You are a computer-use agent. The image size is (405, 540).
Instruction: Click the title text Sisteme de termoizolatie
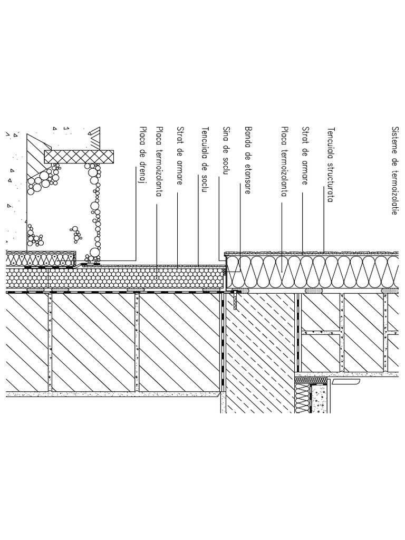pyautogui.click(x=394, y=171)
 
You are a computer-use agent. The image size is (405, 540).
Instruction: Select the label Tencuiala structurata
pyautogui.click(x=331, y=165)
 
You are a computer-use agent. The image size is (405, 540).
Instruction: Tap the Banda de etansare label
pyautogui.click(x=248, y=160)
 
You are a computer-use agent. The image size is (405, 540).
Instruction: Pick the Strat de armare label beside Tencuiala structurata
pyautogui.click(x=305, y=156)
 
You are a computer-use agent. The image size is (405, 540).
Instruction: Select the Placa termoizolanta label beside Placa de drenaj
pyautogui.click(x=159, y=161)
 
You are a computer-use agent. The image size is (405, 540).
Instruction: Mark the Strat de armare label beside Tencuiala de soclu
pyautogui.click(x=180, y=156)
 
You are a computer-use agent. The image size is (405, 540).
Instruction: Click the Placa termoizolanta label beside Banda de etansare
pyautogui.click(x=284, y=161)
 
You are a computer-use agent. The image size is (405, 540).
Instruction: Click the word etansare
pyautogui.click(x=248, y=179)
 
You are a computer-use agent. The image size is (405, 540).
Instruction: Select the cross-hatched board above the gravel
pyautogui.click(x=79, y=157)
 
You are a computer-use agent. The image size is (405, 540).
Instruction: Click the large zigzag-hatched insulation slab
pyautogui.click(x=315, y=272)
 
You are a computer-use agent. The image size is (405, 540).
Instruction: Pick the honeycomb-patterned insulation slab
pyautogui.click(x=115, y=277)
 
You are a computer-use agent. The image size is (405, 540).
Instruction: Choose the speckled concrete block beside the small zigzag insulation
pyautogui.click(x=320, y=398)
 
